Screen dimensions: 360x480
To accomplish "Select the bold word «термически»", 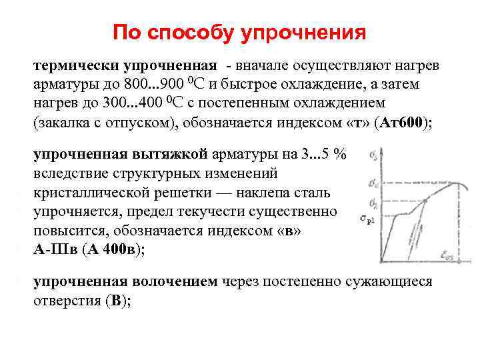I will pyautogui.click(x=71, y=67).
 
